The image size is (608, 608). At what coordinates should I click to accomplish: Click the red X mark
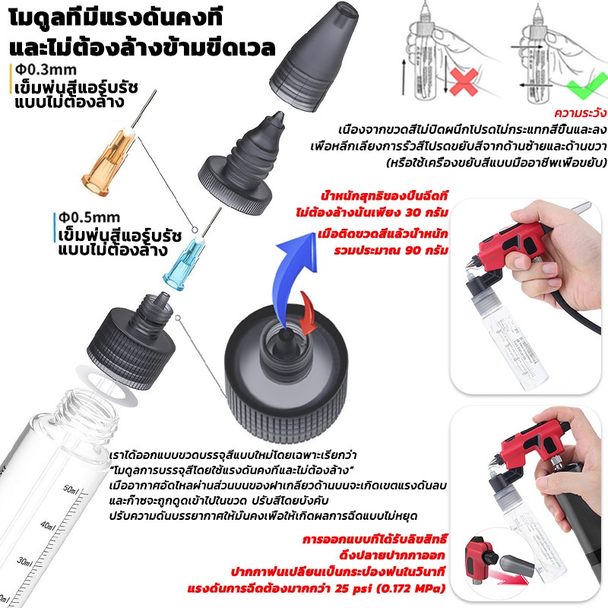point(464,82)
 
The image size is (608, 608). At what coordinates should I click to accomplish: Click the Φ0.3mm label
point(46,70)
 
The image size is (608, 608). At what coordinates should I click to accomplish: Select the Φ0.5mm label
point(89,217)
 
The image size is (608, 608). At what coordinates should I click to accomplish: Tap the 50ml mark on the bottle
point(71,489)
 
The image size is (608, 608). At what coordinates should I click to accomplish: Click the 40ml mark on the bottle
point(48,526)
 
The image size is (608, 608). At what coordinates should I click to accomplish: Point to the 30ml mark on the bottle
point(25,562)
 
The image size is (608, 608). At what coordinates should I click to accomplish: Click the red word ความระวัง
point(581,113)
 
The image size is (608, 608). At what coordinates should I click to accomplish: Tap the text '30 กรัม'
point(427,213)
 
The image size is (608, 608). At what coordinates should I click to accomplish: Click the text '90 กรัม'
point(427,250)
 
